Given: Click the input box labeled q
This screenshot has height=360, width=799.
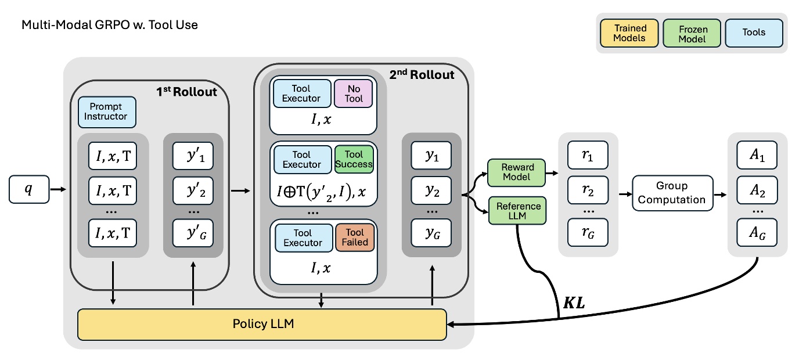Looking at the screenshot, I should coord(29,190).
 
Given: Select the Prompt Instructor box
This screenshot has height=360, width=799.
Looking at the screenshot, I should coord(107,112).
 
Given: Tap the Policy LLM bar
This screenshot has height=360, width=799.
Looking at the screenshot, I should coord(262,324).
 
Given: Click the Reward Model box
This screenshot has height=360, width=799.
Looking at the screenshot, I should coord(516,172).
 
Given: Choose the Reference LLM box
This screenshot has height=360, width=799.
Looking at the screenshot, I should coord(516,211).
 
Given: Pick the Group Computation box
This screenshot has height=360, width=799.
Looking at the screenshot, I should coord(671,192).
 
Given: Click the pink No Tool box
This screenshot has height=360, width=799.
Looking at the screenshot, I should coord(353,93).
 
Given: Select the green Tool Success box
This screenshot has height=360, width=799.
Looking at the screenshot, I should coord(354,159).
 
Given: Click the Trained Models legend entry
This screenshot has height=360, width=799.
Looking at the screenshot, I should coord(630,33).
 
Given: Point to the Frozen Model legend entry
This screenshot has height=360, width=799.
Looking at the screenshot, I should coord(692,33).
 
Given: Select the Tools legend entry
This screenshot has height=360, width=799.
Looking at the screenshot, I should coord(754,33).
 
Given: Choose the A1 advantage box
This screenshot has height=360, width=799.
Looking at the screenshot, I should coord(757,155).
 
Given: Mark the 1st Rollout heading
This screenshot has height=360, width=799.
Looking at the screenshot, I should coord(186,92).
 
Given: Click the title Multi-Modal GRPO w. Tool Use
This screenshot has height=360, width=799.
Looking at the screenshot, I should coord(110,24).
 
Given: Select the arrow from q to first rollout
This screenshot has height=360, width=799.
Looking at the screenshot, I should coord(59,189).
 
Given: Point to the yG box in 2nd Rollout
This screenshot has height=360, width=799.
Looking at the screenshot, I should coord(430,233).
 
